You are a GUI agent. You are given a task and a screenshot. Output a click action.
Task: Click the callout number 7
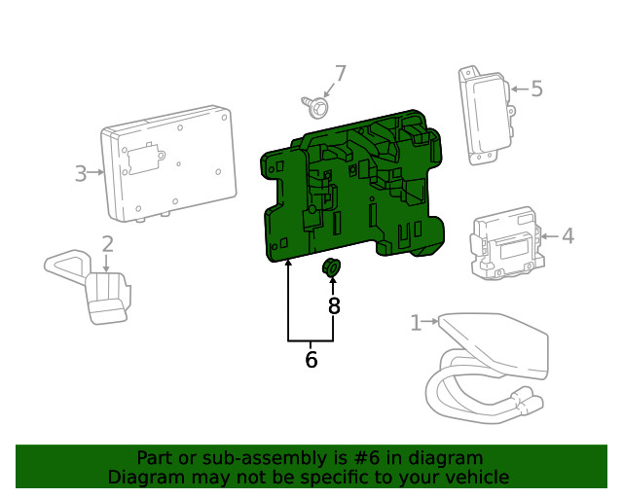(x=341, y=73)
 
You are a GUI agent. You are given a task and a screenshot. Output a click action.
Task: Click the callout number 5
(x=536, y=89)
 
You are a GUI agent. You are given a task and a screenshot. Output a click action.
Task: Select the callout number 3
(x=81, y=174)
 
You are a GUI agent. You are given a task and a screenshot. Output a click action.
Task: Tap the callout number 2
(x=107, y=243)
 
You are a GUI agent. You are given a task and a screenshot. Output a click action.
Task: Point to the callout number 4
(x=568, y=234)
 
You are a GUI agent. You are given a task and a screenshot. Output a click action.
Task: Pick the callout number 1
(x=416, y=322)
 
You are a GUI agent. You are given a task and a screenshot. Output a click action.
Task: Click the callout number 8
(x=333, y=306)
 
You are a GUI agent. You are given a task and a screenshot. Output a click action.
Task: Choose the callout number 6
(x=311, y=360)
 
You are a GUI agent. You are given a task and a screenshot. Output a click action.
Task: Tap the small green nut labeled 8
(x=332, y=267)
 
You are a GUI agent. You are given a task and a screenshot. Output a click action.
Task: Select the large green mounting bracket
(x=355, y=195)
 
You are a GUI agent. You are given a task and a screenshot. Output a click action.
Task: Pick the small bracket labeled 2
(x=97, y=287)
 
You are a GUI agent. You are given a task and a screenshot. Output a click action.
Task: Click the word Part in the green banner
(x=155, y=458)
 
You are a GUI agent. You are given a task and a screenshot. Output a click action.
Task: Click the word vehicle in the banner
(x=477, y=477)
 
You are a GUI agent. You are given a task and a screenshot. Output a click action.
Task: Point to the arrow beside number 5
(x=516, y=89)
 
